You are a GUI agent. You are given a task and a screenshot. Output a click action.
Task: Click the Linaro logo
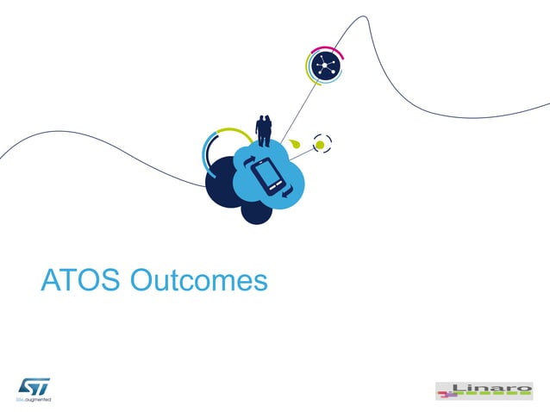pyautogui.click(x=484, y=390)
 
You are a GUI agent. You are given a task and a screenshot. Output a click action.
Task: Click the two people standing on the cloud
pyautogui.click(x=264, y=130)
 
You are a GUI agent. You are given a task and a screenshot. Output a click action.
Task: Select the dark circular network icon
pyautogui.click(x=326, y=66)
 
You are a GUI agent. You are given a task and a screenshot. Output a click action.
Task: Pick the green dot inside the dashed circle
pyautogui.click(x=320, y=145)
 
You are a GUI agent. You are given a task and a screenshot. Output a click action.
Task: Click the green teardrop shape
pyautogui.click(x=295, y=141)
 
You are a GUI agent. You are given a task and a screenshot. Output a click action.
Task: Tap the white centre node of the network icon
pyautogui.click(x=326, y=66)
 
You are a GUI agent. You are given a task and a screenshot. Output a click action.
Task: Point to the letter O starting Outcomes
pyautogui.click(x=141, y=281)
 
